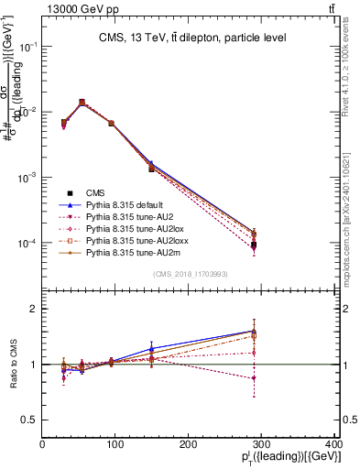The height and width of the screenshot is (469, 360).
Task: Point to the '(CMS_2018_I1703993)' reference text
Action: [191, 274]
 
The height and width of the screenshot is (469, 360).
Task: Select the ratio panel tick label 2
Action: [35, 310]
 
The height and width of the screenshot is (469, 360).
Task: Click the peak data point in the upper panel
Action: [82, 103]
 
